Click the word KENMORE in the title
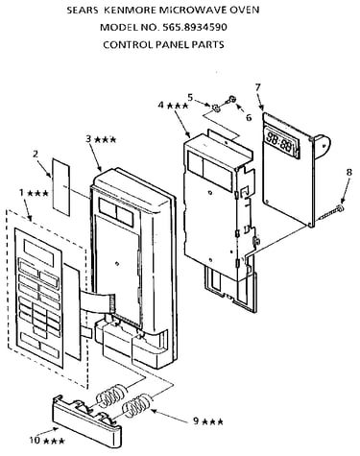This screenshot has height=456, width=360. click(x=131, y=10)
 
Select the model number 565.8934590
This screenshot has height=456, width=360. click(x=195, y=27)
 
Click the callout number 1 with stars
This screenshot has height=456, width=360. click(x=34, y=193)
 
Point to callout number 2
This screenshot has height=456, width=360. click(x=36, y=154)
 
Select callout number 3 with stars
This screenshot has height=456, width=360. click(x=101, y=139)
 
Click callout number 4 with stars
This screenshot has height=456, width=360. click(x=173, y=105)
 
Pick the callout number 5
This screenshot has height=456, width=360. click(x=190, y=97)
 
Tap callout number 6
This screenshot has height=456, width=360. click(x=249, y=117)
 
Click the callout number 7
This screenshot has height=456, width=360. click(x=258, y=87)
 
